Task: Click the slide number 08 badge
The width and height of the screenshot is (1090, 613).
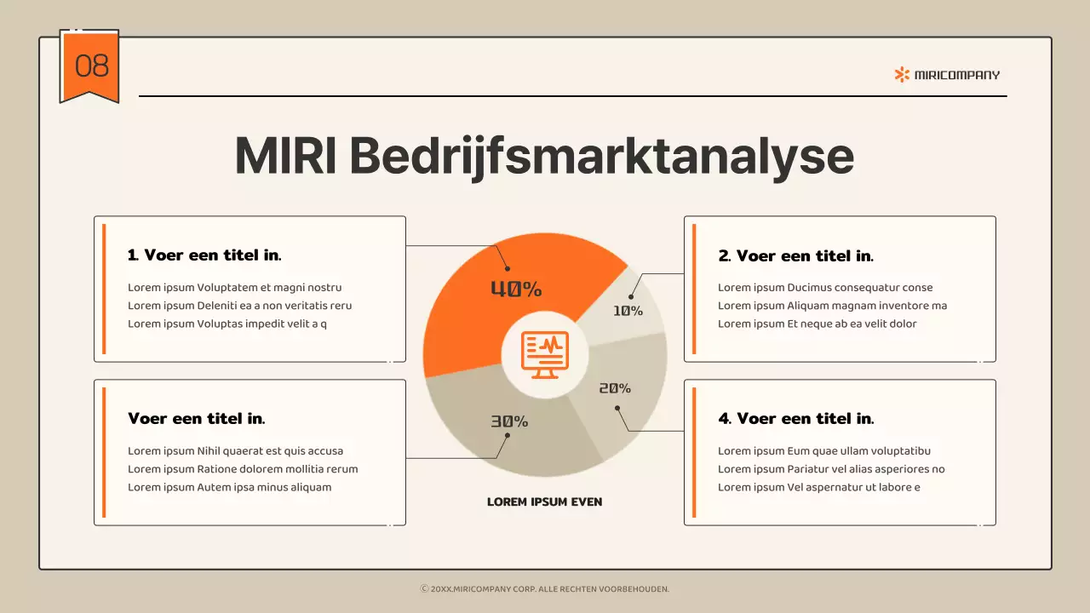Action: [89, 66]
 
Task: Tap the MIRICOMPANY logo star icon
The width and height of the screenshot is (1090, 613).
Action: [902, 75]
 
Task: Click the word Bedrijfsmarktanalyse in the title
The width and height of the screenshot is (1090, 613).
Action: [601, 156]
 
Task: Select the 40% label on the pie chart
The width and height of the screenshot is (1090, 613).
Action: [516, 289]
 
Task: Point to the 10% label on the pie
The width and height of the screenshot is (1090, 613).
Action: [628, 311]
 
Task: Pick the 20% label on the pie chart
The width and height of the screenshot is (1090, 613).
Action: [615, 388]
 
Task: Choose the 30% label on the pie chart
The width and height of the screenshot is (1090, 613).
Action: [509, 421]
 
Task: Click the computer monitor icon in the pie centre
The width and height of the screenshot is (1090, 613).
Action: [545, 355]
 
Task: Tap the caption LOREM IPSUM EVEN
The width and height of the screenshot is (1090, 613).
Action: [544, 501]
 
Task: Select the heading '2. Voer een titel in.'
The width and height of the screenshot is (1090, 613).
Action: [796, 255]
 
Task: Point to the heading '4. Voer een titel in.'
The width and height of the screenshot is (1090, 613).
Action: [796, 418]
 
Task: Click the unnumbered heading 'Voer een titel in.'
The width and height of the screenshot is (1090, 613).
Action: [196, 418]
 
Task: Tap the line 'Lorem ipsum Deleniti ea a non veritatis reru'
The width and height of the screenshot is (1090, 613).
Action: [239, 306]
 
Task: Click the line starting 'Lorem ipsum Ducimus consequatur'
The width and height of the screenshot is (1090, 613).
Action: [825, 288]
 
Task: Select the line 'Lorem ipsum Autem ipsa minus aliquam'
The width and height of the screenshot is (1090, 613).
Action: [229, 487]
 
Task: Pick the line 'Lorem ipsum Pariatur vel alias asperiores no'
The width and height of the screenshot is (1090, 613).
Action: [831, 469]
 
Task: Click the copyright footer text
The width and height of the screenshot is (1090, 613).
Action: [545, 588]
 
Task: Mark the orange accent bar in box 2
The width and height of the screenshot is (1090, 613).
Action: [695, 289]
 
